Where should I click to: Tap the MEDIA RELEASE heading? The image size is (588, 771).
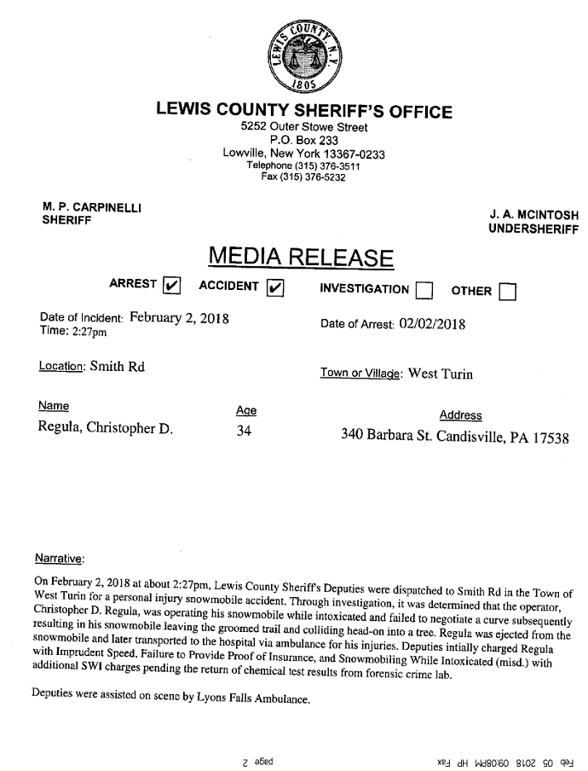[x=301, y=256]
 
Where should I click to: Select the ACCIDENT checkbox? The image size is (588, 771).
[x=275, y=286]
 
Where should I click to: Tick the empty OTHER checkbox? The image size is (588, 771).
[x=508, y=292]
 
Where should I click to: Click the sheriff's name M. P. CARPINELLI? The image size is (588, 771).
[x=92, y=207]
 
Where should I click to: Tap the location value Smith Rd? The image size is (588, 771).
[x=118, y=368]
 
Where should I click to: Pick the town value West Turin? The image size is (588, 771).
[x=440, y=373]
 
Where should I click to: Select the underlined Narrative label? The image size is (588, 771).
[x=59, y=559]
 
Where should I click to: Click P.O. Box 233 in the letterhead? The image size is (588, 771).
[x=304, y=140]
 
